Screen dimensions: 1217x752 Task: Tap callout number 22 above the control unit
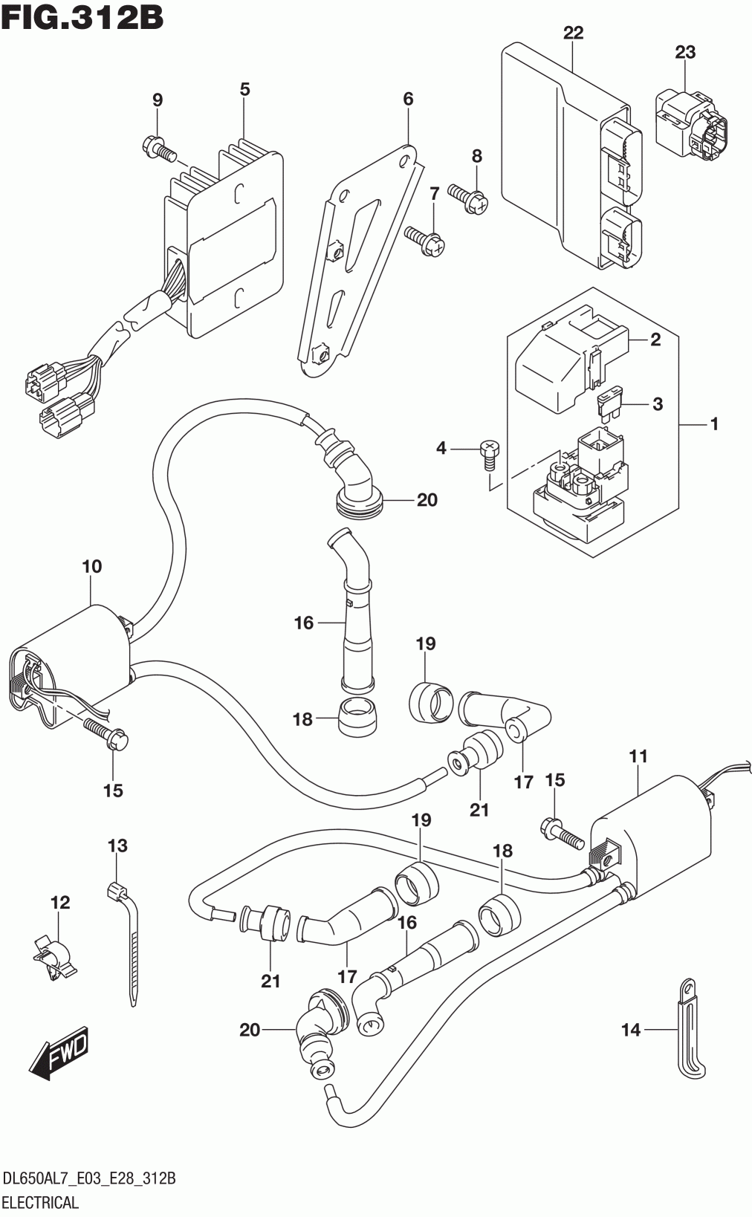pyautogui.click(x=573, y=33)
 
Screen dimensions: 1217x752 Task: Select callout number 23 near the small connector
pyautogui.click(x=685, y=52)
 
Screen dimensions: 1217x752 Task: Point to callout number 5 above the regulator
pyautogui.click(x=244, y=89)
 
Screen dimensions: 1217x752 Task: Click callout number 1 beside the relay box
pyautogui.click(x=714, y=424)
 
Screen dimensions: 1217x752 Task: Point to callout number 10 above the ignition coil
pyautogui.click(x=91, y=566)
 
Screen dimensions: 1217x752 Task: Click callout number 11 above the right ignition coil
pyautogui.click(x=638, y=756)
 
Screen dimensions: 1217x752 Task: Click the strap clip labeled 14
pyautogui.click(x=690, y=1033)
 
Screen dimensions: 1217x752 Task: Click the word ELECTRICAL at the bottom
pyautogui.click(x=41, y=1201)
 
